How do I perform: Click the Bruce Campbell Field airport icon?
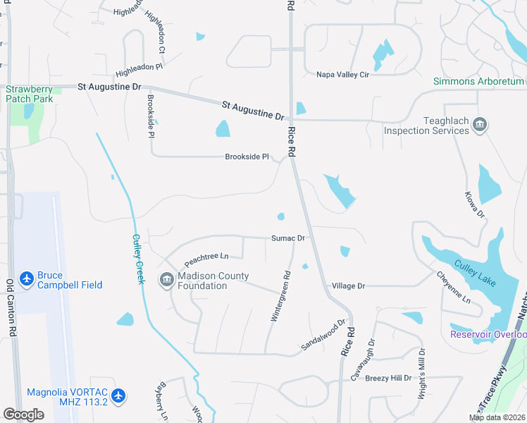[27, 279]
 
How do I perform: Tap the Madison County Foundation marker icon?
[167, 281]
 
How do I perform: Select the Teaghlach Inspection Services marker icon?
[480, 125]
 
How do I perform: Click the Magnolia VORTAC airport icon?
[118, 397]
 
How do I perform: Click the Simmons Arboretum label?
[479, 81]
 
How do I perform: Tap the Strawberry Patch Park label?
[28, 94]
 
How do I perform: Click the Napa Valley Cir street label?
[343, 74]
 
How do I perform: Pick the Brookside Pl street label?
[247, 157]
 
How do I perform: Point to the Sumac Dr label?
[287, 238]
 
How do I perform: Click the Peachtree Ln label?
[207, 256]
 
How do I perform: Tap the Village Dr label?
[348, 286]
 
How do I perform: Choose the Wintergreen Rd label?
[280, 297]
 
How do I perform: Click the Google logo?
[23, 415]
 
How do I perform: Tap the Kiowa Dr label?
[476, 203]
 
